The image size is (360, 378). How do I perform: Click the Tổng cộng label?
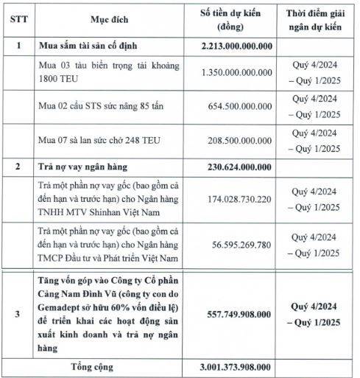coord(97,366)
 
